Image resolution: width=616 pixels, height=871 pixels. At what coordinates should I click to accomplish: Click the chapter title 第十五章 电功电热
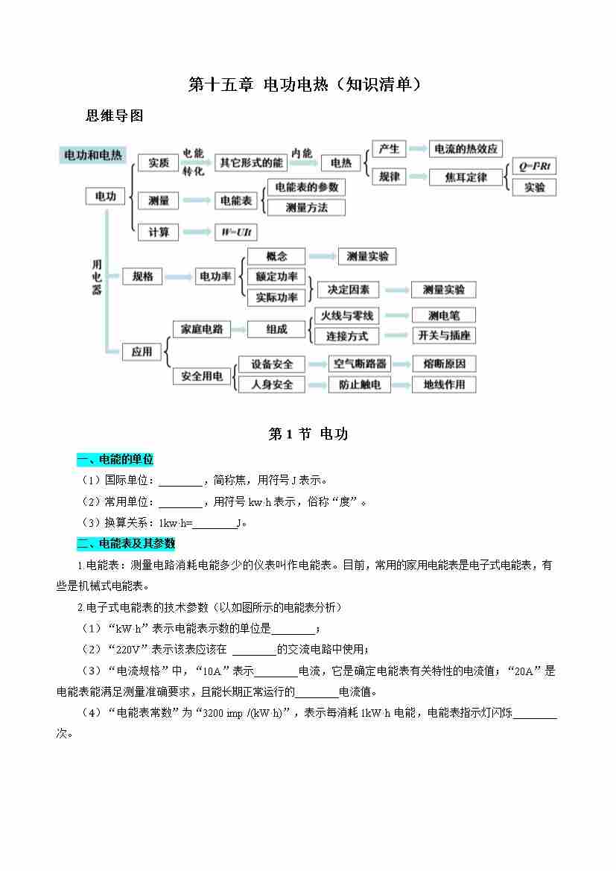(x=258, y=84)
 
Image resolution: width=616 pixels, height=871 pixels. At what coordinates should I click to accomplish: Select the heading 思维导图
(x=115, y=115)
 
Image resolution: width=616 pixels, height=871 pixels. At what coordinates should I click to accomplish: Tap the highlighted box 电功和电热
(x=93, y=155)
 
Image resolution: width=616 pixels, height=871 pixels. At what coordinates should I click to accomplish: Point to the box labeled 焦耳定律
(x=466, y=177)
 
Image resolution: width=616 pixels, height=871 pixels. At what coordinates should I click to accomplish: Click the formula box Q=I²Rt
(x=534, y=166)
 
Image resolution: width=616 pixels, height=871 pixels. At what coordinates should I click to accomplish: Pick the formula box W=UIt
(x=236, y=232)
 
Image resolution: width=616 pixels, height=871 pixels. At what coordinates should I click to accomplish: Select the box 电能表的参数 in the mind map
(x=307, y=187)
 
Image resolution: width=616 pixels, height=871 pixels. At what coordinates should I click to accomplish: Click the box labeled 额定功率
(x=276, y=276)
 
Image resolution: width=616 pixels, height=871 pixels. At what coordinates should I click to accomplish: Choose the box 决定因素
(x=348, y=289)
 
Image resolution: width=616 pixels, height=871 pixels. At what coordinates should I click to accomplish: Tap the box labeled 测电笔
(x=444, y=315)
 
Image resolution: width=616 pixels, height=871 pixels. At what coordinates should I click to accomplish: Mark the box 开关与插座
(x=444, y=335)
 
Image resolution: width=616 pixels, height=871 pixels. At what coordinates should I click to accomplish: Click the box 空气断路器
(x=359, y=364)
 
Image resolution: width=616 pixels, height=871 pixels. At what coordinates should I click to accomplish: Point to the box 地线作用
(x=444, y=384)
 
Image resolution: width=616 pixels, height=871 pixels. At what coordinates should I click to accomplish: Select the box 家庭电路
(x=202, y=329)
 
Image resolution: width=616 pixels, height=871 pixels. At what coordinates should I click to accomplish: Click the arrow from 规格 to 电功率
(x=178, y=276)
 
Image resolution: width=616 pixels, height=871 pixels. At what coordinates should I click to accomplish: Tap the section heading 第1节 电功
(x=308, y=434)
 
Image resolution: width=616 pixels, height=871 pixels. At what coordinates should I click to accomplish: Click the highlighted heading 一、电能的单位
(x=115, y=460)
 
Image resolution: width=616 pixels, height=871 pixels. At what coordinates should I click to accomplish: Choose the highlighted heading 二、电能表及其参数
(x=126, y=543)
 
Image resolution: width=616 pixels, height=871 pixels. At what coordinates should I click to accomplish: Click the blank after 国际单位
(x=180, y=481)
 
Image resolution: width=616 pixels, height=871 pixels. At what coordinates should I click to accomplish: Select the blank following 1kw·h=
(x=215, y=524)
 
